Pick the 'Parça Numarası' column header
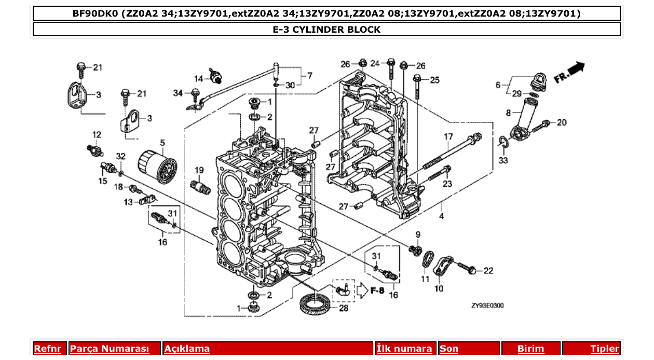pyautogui.click(x=110, y=349)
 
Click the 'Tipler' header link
pyautogui.click(x=605, y=349)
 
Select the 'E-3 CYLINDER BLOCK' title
pyautogui.click(x=326, y=30)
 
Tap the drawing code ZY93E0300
pyautogui.click(x=487, y=306)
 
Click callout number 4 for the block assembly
pyautogui.click(x=441, y=216)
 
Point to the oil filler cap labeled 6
pyautogui.click(x=534, y=80)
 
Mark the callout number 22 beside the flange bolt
pyautogui.click(x=488, y=270)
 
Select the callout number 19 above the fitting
pyautogui.click(x=199, y=170)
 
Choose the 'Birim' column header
pyautogui.click(x=530, y=349)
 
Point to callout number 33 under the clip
pyautogui.click(x=503, y=160)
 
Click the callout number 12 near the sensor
pyautogui.click(x=97, y=135)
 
